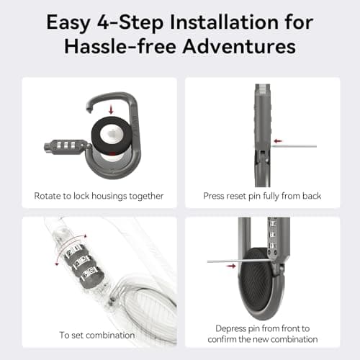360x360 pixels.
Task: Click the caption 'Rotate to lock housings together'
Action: (99, 196)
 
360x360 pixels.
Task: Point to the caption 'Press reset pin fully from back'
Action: (262, 196)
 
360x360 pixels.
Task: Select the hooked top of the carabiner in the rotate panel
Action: (108, 98)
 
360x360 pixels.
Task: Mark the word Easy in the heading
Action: (67, 22)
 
